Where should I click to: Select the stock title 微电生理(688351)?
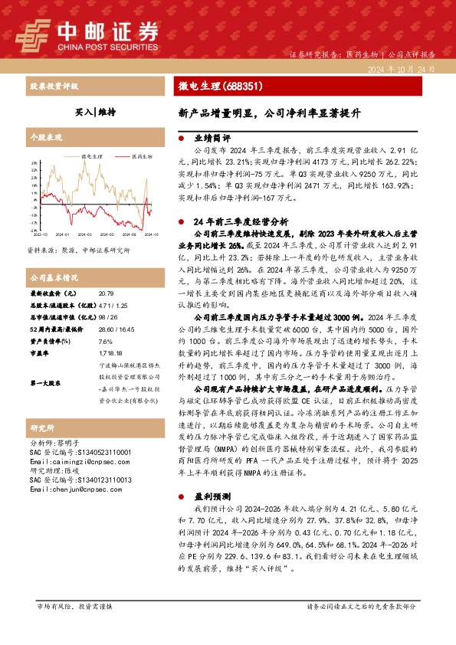[209, 87]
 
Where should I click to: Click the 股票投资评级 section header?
[54, 87]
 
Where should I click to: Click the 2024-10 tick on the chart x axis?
[152, 234]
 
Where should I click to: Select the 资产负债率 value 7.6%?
[106, 342]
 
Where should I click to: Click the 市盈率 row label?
[39, 354]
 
